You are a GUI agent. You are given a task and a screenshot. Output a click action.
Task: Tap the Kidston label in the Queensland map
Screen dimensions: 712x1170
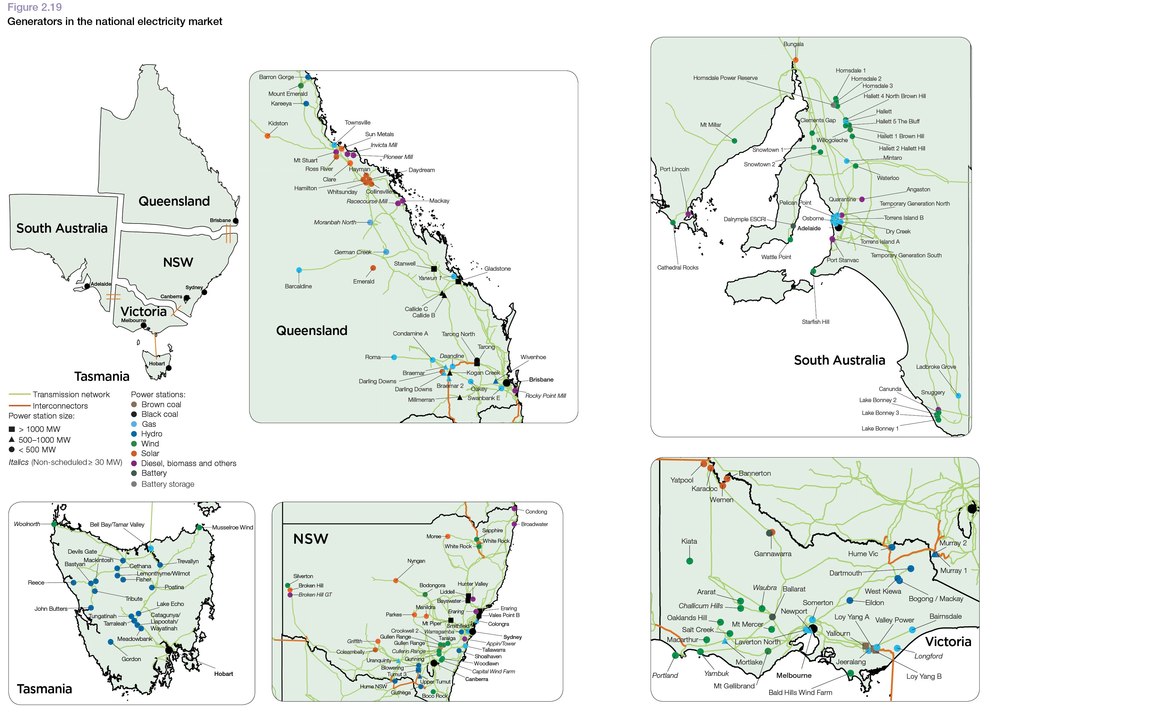(x=278, y=123)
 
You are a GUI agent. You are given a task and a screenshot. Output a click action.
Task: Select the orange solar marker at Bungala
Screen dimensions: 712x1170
(x=796, y=60)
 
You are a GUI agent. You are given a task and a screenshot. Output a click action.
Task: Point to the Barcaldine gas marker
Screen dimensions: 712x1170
(x=299, y=270)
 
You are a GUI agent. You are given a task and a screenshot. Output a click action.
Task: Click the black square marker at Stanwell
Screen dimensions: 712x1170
(x=433, y=269)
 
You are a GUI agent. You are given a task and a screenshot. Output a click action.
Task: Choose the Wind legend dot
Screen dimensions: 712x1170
(x=134, y=444)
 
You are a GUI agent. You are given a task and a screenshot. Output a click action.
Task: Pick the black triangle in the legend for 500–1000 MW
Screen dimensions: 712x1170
(x=12, y=439)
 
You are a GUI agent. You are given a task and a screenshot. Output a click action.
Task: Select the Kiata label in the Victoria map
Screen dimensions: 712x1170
(x=689, y=541)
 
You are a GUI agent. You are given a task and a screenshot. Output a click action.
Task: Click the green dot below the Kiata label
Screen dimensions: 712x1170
(x=690, y=561)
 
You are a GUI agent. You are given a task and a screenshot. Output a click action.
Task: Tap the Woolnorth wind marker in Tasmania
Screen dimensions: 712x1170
(x=54, y=524)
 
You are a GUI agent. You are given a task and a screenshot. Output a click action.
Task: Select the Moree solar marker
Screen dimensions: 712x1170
(x=448, y=536)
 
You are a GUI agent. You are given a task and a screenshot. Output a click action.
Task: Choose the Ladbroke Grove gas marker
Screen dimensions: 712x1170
(x=958, y=396)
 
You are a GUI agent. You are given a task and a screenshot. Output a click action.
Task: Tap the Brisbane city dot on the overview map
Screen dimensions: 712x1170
(x=236, y=221)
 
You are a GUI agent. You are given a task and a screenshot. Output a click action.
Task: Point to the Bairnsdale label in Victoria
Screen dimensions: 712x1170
(x=945, y=616)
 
